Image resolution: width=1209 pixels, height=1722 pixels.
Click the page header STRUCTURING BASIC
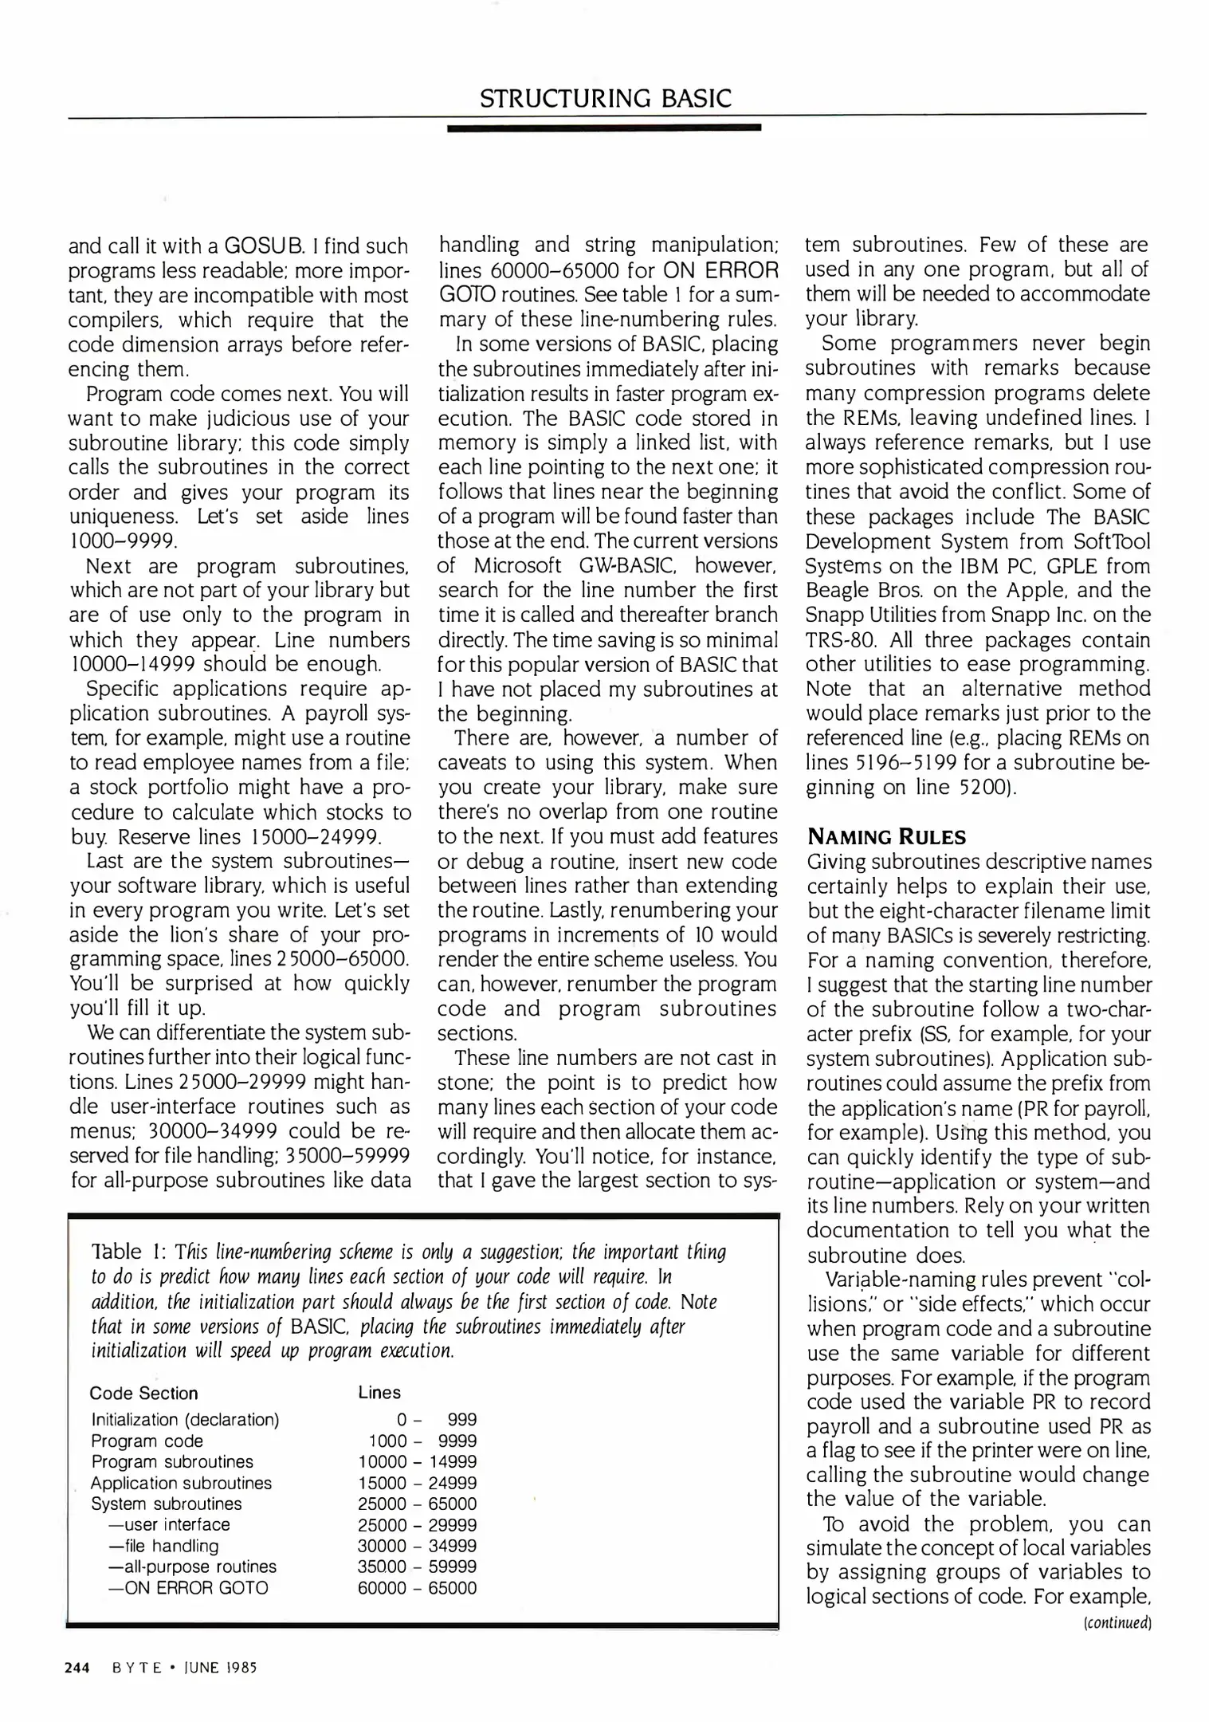(x=605, y=98)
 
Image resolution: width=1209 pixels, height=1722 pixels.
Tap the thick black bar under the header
(x=604, y=128)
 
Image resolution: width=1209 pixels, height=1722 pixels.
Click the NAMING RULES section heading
(x=886, y=837)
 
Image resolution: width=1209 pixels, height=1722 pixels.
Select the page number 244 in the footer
(x=77, y=1667)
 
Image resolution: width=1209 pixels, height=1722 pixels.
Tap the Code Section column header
(x=143, y=1393)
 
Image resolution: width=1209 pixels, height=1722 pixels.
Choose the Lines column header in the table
(x=379, y=1392)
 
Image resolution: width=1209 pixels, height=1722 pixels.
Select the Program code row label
(x=147, y=1441)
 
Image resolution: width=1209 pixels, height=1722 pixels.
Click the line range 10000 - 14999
(x=418, y=1461)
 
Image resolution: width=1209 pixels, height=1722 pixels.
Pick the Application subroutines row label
(x=181, y=1483)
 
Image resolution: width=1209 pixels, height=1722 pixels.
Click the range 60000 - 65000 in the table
(x=418, y=1588)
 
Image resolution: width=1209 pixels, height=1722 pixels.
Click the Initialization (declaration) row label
(x=185, y=1419)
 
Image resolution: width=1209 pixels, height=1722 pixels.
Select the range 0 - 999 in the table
(x=437, y=1419)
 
